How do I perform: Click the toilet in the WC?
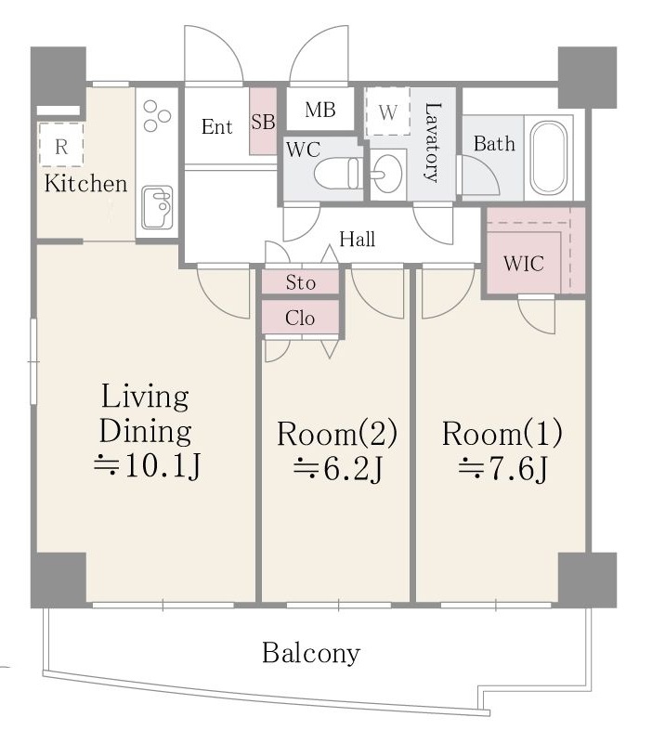[337, 174]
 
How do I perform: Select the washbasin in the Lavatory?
[386, 174]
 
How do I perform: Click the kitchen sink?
[157, 207]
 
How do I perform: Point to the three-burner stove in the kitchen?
[157, 115]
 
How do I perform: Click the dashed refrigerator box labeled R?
[61, 145]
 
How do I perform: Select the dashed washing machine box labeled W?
[387, 111]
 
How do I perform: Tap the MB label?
[320, 110]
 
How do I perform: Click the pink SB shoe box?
[263, 121]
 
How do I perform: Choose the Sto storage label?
[300, 282]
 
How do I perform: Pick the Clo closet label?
[300, 318]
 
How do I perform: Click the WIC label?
[524, 264]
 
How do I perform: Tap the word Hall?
[358, 239]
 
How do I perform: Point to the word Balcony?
[311, 654]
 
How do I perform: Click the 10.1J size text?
[148, 467]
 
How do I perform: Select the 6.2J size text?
[338, 469]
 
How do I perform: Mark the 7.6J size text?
[502, 468]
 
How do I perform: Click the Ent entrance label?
[216, 126]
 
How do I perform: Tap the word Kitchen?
[85, 183]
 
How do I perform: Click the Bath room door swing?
[479, 175]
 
